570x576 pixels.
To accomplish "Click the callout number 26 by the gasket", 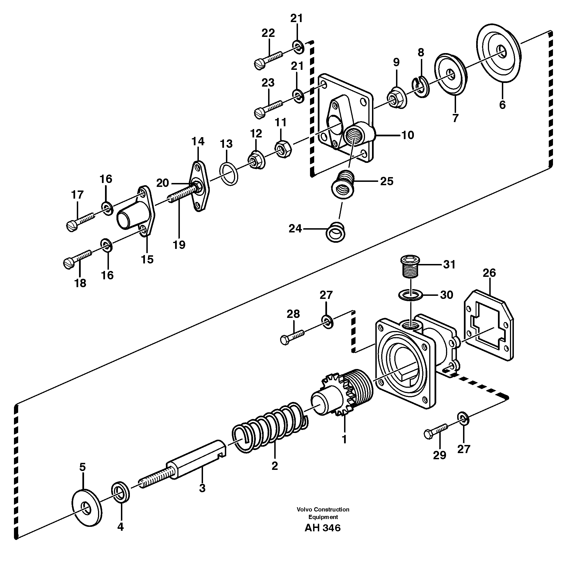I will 489,273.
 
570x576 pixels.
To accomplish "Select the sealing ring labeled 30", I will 411,296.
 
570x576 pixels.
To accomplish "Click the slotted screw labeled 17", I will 80,221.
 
